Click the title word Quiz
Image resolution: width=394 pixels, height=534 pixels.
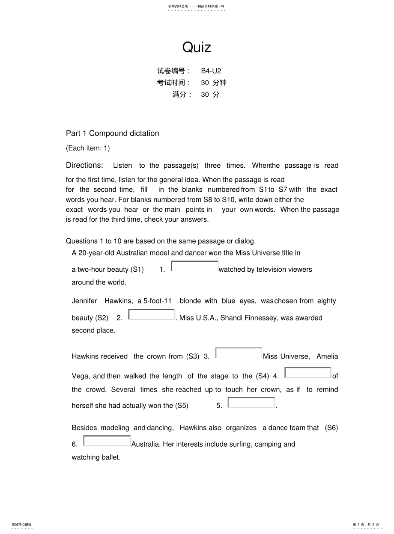point(197,47)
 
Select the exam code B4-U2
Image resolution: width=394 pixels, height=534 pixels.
point(211,71)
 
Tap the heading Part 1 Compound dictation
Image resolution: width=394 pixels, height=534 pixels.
point(112,133)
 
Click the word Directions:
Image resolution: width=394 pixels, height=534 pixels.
point(84,165)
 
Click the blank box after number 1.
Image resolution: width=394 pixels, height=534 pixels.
point(195,266)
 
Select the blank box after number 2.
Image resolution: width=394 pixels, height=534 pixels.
point(152,314)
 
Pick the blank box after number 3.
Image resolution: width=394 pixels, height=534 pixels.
point(239,353)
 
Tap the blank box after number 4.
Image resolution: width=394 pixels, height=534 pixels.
point(308,373)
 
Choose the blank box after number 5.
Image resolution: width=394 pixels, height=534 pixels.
point(251,403)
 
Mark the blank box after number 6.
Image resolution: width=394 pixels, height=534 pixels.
point(107,441)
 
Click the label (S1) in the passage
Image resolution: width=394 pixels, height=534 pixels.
point(137,270)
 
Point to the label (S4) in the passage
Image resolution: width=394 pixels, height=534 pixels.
point(262,376)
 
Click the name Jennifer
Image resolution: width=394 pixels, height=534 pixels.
point(84,301)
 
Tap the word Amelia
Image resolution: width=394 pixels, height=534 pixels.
point(327,356)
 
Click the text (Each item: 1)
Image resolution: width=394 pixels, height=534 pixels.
point(88,148)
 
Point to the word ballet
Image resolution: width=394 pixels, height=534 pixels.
point(111,457)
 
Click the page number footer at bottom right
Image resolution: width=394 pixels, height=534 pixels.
point(366,525)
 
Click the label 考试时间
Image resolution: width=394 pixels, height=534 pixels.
point(173,83)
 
